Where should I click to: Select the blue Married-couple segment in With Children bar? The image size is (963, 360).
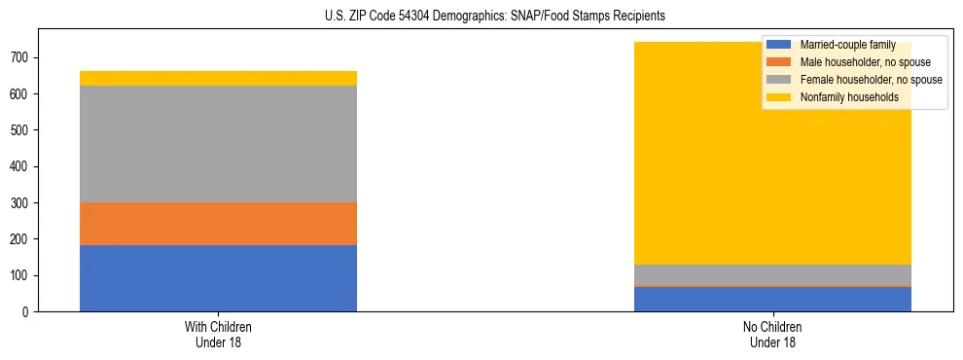pos(218,278)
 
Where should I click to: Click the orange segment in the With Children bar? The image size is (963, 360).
pos(218,224)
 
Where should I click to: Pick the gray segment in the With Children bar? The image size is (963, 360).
pos(218,144)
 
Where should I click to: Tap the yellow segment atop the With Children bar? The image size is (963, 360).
pos(218,78)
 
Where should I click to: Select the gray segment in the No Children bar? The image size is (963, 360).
pos(772,274)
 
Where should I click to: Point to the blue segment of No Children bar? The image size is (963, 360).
pos(772,300)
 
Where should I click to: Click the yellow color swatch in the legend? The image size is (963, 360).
pos(779,97)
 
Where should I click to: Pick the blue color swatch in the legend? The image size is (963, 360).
pos(779,45)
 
